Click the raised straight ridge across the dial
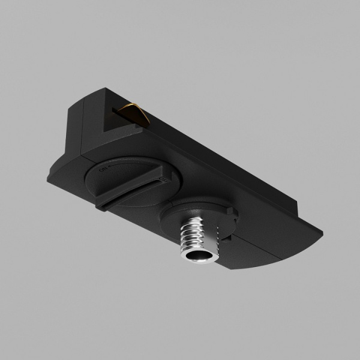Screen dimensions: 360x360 [129, 191]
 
